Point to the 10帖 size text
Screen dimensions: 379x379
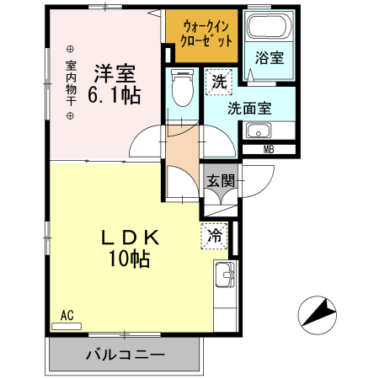point(127,259)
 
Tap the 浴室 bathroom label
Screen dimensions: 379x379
point(270,59)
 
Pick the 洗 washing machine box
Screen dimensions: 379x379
point(219,82)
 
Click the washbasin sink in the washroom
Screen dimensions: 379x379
point(258,131)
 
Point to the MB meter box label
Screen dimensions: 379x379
point(269,150)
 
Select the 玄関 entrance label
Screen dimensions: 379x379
point(222,179)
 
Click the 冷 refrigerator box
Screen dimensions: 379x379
point(216,237)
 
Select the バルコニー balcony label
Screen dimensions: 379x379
point(125,355)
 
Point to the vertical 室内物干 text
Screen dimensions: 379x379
point(71,82)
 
